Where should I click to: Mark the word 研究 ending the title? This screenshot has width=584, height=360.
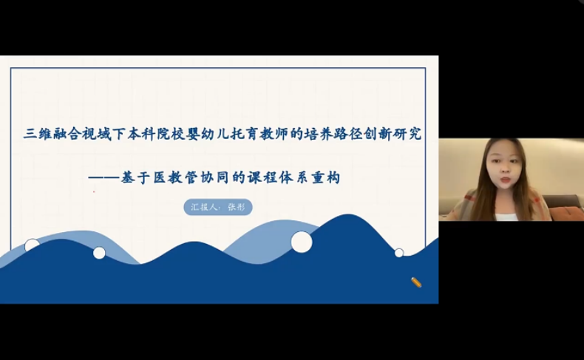pos(407,134)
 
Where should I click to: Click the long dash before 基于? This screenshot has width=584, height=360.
pos(104,177)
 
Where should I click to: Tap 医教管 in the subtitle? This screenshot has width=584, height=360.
pos(174,178)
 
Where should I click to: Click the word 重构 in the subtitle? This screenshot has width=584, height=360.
pos(326,178)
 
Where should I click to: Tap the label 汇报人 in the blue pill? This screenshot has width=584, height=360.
pos(204,207)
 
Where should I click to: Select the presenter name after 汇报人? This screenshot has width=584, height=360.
pos(237,207)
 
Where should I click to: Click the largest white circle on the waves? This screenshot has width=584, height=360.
pos(302,242)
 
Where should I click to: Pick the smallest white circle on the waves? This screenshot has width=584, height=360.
pos(399,253)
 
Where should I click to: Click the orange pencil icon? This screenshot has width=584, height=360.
pos(416,282)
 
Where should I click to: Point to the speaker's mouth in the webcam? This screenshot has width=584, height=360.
pos(505,180)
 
